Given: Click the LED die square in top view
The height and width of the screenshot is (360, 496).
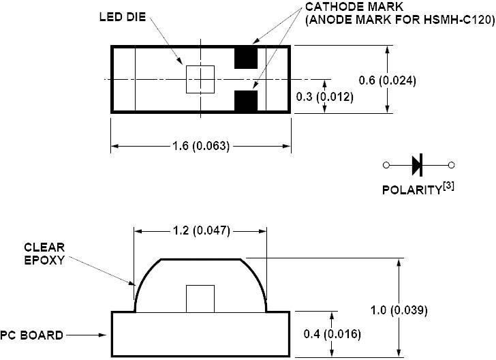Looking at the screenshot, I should point(200,79).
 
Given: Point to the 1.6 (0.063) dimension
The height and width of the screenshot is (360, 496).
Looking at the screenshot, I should point(200,146).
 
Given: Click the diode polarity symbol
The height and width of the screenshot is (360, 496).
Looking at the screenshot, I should point(418,164).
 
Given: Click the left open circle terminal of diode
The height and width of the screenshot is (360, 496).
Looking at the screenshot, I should point(386,164).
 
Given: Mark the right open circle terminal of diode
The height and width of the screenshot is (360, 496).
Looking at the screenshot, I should point(450,164).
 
